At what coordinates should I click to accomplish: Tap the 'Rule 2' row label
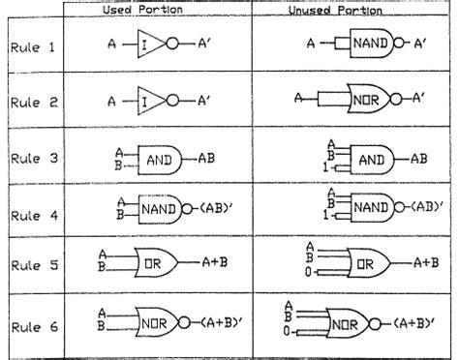[x=33, y=99]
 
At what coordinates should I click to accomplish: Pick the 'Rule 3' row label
[x=33, y=157]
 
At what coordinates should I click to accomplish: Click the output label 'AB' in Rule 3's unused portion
[x=419, y=158]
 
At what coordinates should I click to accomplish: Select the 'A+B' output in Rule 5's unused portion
[x=423, y=262]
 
